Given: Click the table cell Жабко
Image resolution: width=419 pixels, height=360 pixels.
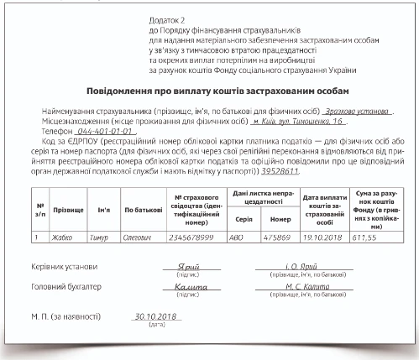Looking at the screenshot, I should pyautogui.click(x=63, y=237).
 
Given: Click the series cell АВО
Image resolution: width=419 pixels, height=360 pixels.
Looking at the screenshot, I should pyautogui.click(x=238, y=237).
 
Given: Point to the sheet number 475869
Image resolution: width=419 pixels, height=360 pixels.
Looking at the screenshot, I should pyautogui.click(x=277, y=237).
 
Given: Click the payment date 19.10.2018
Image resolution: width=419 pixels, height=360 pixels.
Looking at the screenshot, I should pyautogui.click(x=319, y=237).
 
